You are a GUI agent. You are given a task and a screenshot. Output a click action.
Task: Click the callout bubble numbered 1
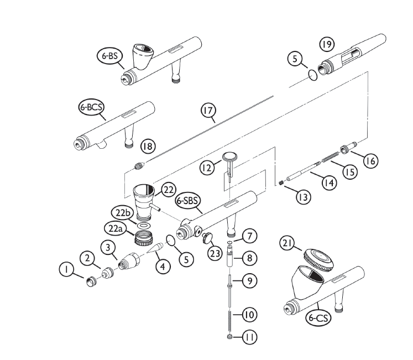66,269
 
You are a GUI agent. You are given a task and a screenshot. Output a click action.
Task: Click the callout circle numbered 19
326,44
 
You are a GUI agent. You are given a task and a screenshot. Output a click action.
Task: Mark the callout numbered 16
370,160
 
